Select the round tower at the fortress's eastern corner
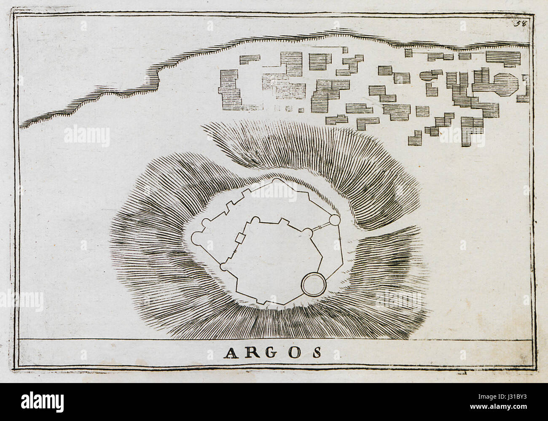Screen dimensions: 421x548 334,220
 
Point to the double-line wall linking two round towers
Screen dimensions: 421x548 321,227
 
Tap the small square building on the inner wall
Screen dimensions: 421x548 240,238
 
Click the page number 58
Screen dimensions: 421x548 519,23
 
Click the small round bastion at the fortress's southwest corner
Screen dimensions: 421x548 223,267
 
